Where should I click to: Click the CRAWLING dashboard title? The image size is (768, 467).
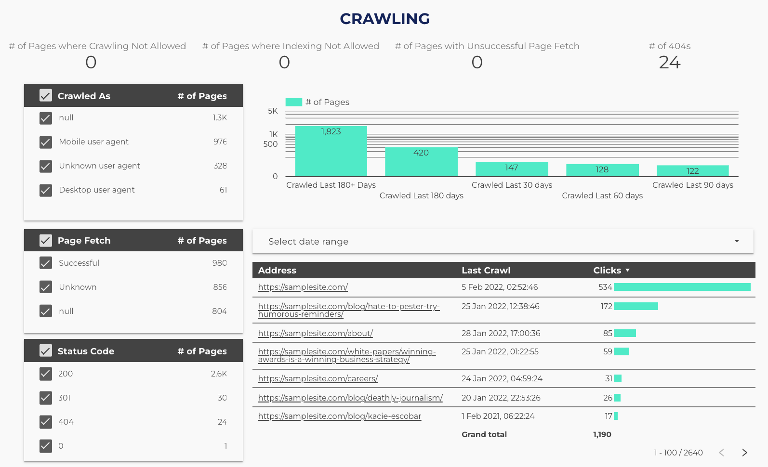tap(384, 19)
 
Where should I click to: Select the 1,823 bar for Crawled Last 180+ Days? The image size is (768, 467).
tap(331, 151)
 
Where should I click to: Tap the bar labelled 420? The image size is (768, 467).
tap(421, 162)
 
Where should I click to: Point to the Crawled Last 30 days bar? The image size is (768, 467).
tap(512, 169)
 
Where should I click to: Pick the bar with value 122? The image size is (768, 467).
tap(692, 171)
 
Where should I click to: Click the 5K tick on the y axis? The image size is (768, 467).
tap(273, 111)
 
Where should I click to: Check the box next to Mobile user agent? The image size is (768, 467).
tap(46, 142)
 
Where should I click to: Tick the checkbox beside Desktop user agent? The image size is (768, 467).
tap(46, 190)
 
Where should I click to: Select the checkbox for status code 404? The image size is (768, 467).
tap(46, 422)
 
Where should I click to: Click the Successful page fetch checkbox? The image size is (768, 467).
tap(46, 263)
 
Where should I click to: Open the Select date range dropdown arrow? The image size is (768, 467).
tap(737, 241)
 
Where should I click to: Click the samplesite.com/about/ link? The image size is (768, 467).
tap(315, 333)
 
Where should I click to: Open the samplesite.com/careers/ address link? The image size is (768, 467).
tap(318, 378)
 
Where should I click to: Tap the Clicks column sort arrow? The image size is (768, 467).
tap(628, 271)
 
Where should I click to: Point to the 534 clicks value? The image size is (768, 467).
tap(605, 287)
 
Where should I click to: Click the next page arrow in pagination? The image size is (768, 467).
tap(744, 453)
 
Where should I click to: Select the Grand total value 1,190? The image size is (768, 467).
tap(602, 435)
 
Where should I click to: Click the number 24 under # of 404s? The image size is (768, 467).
tap(669, 63)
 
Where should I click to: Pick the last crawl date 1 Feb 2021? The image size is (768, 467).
tap(498, 416)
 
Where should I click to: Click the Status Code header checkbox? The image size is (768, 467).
tap(46, 351)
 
